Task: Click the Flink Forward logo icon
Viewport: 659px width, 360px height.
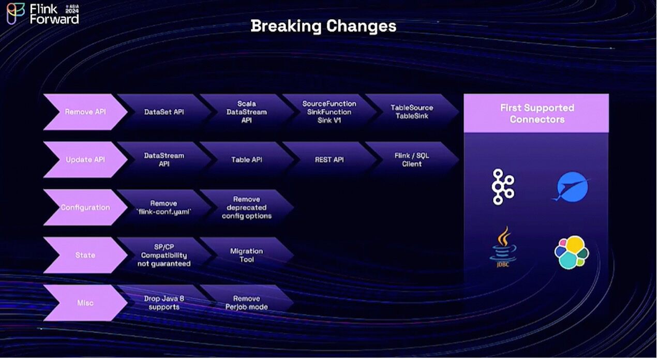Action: tap(16, 13)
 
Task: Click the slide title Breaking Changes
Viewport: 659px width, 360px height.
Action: tap(323, 26)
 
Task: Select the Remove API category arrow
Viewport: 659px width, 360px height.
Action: tap(85, 112)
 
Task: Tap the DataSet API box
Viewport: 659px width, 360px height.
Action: tap(164, 112)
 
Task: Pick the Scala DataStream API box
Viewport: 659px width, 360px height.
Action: tap(247, 112)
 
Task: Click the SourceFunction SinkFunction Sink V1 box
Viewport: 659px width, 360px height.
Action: tap(329, 112)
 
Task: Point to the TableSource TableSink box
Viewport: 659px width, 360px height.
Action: tap(412, 112)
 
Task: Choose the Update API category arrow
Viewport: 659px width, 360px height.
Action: tap(85, 160)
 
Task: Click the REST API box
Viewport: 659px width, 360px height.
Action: tap(329, 160)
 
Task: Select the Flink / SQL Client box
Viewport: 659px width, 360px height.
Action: tap(412, 160)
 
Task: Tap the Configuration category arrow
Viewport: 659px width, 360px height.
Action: tap(85, 207)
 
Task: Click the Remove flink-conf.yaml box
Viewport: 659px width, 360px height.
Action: tap(164, 207)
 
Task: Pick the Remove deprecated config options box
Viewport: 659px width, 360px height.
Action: tap(247, 207)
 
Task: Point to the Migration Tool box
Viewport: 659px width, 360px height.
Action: tap(247, 255)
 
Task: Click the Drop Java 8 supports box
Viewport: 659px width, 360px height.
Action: tap(164, 303)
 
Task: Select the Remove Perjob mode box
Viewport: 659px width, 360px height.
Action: tap(247, 303)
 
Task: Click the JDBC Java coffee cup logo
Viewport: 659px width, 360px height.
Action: tap(503, 247)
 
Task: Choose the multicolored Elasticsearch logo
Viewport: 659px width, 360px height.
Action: tap(572, 252)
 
